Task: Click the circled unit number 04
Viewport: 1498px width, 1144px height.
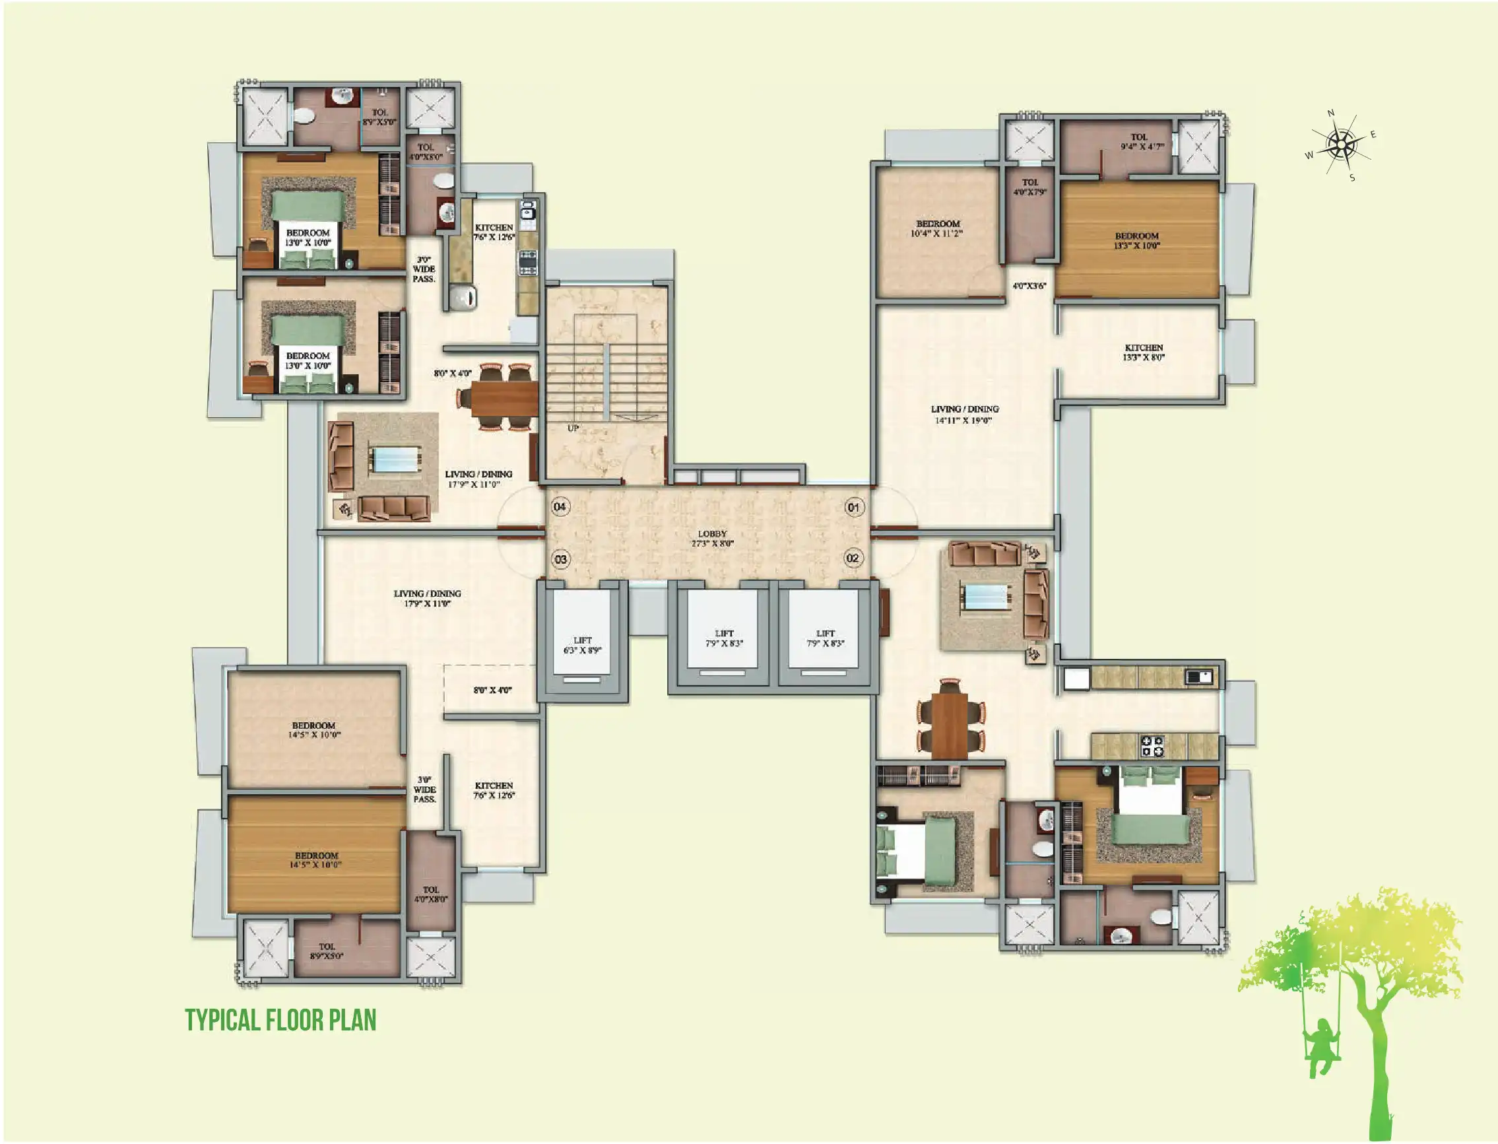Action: pos(560,506)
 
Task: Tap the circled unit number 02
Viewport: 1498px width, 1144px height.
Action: pos(852,558)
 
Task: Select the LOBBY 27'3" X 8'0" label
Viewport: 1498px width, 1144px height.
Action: pos(712,539)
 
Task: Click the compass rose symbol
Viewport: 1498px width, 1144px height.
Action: pos(1340,145)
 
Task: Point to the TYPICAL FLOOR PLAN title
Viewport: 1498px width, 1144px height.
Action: pos(280,1020)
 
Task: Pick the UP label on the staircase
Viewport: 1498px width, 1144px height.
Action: pos(573,428)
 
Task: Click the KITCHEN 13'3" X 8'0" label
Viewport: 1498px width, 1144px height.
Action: pos(1144,352)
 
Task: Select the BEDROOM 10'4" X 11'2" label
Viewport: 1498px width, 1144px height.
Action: pos(937,228)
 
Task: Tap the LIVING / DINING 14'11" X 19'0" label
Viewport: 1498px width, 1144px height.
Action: pos(964,415)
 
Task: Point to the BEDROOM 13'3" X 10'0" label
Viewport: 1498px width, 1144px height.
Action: pos(1136,240)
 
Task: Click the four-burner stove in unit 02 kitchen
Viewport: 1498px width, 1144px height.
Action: pos(1152,747)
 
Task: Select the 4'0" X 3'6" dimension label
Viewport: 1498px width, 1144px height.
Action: pos(1029,286)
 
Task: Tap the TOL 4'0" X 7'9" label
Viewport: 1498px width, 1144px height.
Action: pos(1029,187)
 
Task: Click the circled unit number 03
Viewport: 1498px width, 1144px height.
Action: pos(560,560)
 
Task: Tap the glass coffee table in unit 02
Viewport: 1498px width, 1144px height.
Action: pos(984,597)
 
